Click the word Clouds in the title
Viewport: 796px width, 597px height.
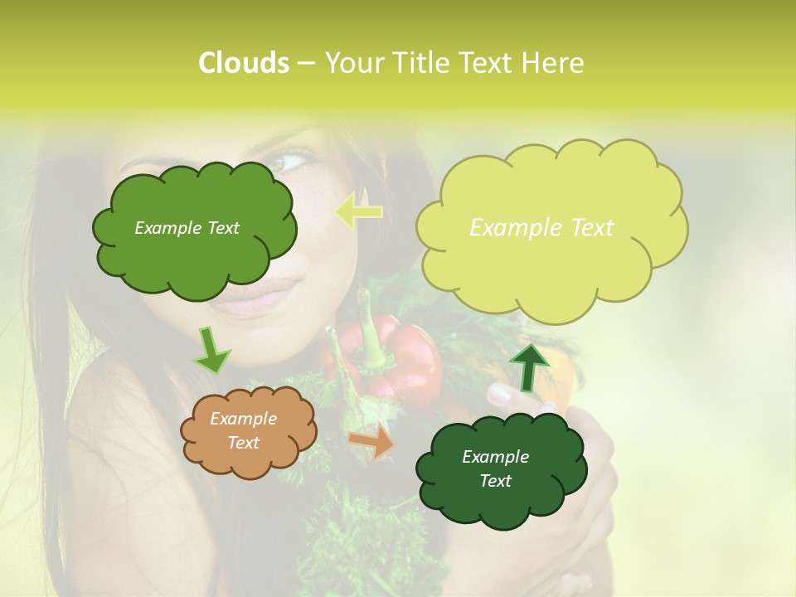pyautogui.click(x=243, y=63)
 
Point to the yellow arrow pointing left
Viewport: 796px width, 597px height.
pyautogui.click(x=359, y=211)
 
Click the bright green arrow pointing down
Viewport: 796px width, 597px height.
pyautogui.click(x=211, y=351)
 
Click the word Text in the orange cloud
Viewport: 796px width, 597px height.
pyautogui.click(x=243, y=443)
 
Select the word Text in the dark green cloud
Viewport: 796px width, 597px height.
pyautogui.click(x=495, y=481)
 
